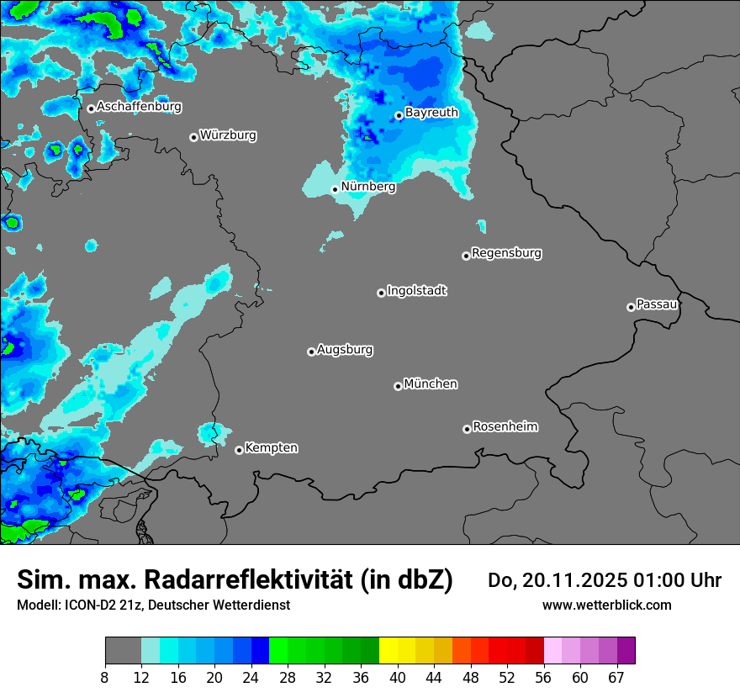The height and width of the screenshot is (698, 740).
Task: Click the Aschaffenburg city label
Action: point(139,107)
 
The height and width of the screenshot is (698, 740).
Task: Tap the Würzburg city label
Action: point(228,135)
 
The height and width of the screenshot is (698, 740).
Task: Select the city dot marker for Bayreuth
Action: point(399,116)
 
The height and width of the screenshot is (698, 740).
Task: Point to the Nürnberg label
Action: point(368,187)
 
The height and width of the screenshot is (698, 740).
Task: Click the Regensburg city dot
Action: point(466,256)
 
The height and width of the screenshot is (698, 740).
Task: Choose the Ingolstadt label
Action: point(417,291)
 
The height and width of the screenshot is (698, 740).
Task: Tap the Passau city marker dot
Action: point(631,307)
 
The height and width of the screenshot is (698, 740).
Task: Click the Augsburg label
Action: point(345,350)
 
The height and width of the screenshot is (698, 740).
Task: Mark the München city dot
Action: point(398,387)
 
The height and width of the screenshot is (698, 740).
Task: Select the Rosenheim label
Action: point(505,426)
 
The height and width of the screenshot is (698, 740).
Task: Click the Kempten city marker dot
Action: point(239,450)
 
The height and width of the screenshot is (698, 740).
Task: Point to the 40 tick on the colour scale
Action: point(398,678)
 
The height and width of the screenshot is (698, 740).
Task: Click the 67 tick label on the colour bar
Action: point(616,678)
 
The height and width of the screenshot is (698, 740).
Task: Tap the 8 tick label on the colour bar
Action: point(105,678)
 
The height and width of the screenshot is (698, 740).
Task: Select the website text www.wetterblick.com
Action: point(607,605)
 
